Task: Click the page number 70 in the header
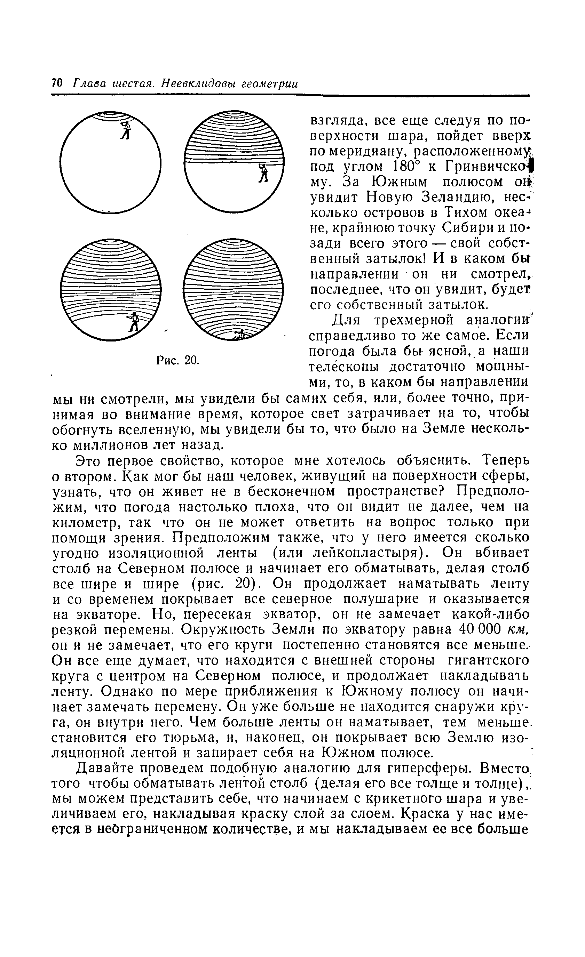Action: (57, 83)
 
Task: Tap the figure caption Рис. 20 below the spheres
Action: (177, 360)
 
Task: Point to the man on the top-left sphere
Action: (125, 130)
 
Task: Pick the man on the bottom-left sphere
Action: (134, 321)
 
